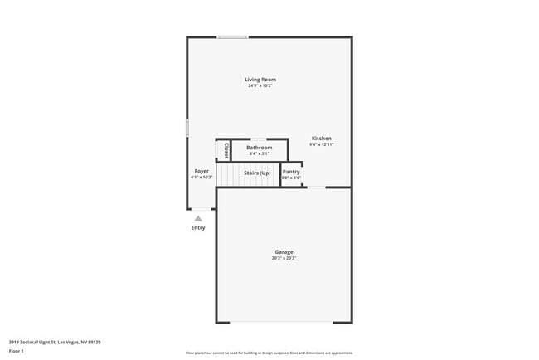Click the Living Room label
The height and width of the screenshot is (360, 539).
(260, 80)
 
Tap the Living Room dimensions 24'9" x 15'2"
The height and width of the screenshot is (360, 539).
(260, 85)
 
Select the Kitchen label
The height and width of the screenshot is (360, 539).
(322, 138)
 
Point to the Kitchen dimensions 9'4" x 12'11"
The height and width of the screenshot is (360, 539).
(322, 144)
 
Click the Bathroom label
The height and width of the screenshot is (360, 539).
(259, 148)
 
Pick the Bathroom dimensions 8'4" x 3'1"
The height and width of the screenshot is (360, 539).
(259, 153)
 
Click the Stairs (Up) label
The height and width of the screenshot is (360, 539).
(257, 173)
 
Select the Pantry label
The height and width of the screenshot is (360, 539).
(291, 172)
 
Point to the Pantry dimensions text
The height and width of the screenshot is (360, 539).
(291, 178)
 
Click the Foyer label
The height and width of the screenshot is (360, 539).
(202, 171)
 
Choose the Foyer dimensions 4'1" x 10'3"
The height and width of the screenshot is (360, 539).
(202, 177)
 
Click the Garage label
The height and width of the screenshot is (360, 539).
(284, 252)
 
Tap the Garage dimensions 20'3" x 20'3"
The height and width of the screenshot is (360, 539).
(284, 258)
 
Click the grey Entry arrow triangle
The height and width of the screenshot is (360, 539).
(198, 219)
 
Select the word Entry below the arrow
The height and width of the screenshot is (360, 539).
(198, 228)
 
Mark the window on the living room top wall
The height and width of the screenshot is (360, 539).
(232, 36)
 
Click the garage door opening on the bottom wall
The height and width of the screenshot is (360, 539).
(282, 323)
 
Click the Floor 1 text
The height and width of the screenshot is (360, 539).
(17, 351)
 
